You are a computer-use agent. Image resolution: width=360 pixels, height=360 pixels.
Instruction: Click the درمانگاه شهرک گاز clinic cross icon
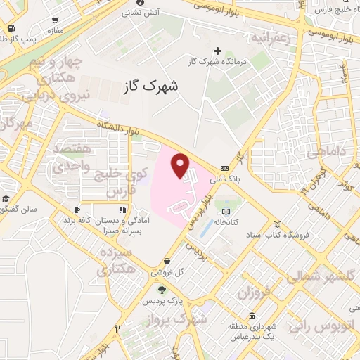217,51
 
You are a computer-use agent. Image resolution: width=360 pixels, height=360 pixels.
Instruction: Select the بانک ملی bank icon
224,168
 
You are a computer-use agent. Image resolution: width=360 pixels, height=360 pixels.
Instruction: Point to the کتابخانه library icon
226,211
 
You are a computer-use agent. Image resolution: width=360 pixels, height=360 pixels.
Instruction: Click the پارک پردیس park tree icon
162,289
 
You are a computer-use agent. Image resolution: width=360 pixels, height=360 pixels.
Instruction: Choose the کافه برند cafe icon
77,209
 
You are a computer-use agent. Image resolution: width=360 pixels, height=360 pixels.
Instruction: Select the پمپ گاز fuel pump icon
12,28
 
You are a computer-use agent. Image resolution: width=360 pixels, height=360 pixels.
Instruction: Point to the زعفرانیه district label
269,36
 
